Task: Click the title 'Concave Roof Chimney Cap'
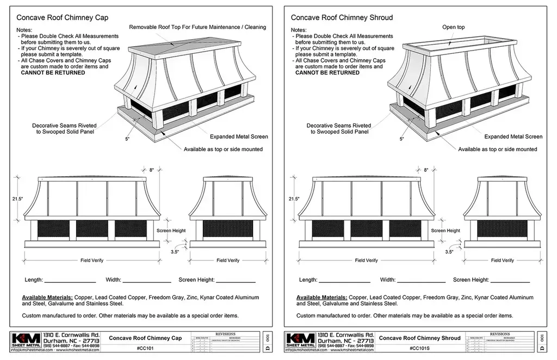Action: coord(62,17)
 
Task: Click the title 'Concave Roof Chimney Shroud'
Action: coord(342,17)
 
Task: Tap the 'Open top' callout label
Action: coord(453,27)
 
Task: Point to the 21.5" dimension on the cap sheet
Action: coord(17,199)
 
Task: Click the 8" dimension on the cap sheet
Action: coord(151,170)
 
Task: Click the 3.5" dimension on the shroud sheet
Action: coord(449,252)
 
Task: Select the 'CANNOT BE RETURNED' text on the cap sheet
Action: coord(53,72)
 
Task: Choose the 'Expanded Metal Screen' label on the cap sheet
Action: coord(239,136)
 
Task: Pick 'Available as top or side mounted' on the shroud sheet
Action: coord(497,149)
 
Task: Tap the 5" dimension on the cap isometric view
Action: coord(127,139)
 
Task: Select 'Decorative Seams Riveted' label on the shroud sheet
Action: coord(339,125)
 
